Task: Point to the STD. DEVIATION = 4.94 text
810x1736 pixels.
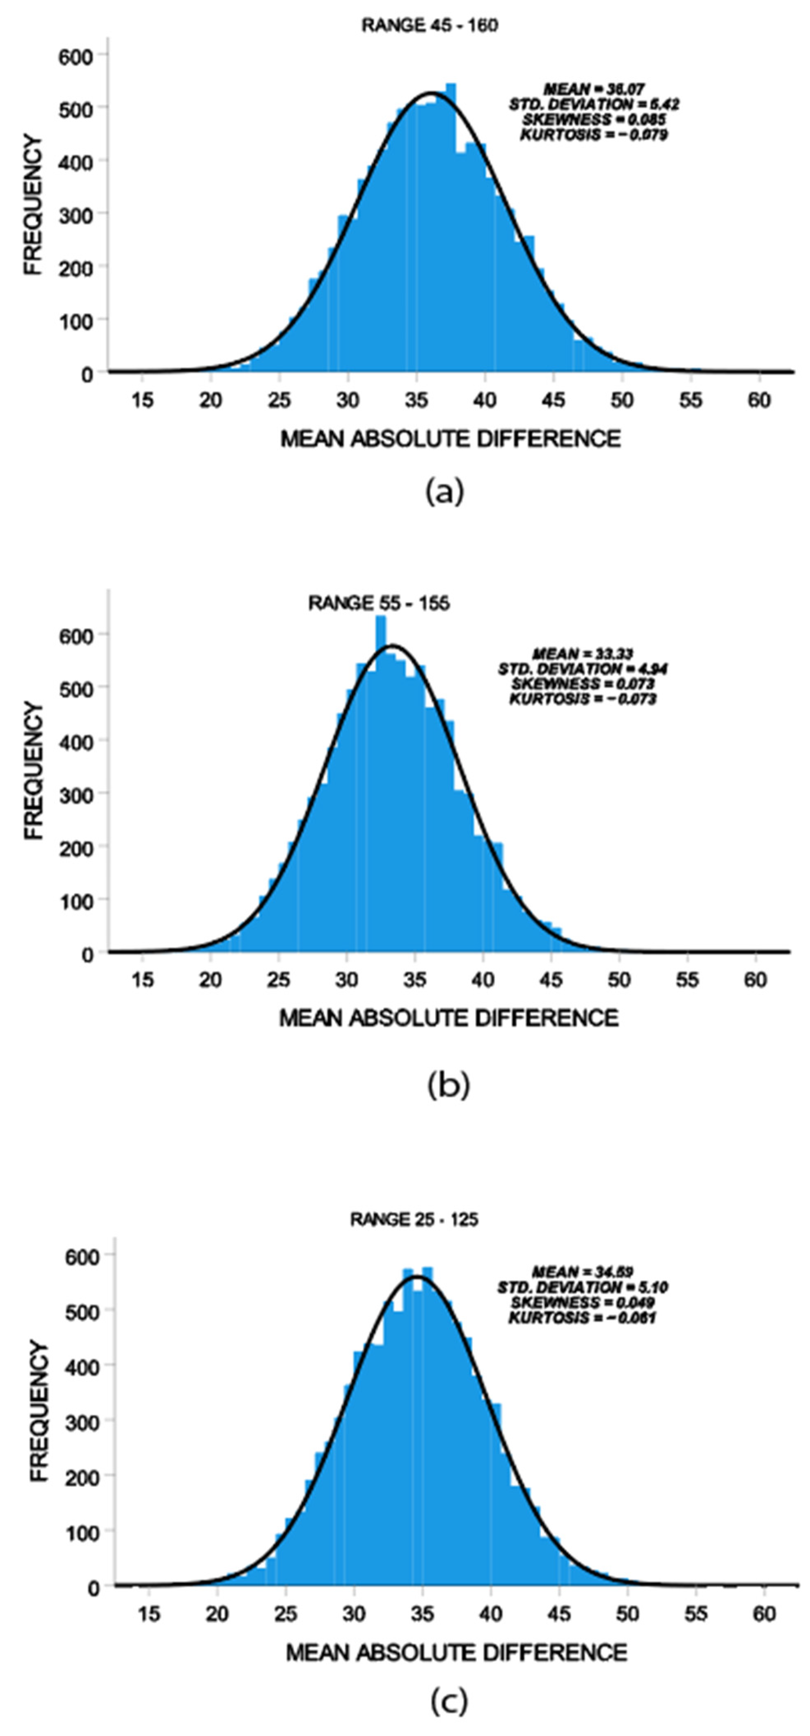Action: (x=583, y=668)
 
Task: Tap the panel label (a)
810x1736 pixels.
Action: (x=444, y=492)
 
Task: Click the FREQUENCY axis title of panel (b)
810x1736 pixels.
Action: (x=34, y=771)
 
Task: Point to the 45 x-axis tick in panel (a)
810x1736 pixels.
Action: (x=553, y=400)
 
